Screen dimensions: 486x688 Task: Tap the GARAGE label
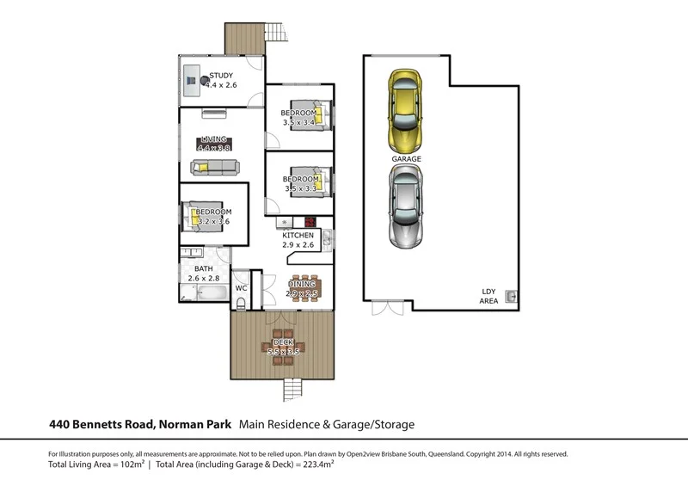[406, 159]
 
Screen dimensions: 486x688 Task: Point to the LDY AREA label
[488, 297]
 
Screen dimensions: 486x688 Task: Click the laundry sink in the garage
[511, 296]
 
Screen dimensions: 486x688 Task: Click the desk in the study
[192, 82]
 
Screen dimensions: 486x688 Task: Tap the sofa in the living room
[215, 168]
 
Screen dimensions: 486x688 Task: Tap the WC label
[242, 288]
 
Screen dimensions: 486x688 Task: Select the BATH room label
[203, 268]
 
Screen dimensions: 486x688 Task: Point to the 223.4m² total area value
[315, 464]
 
